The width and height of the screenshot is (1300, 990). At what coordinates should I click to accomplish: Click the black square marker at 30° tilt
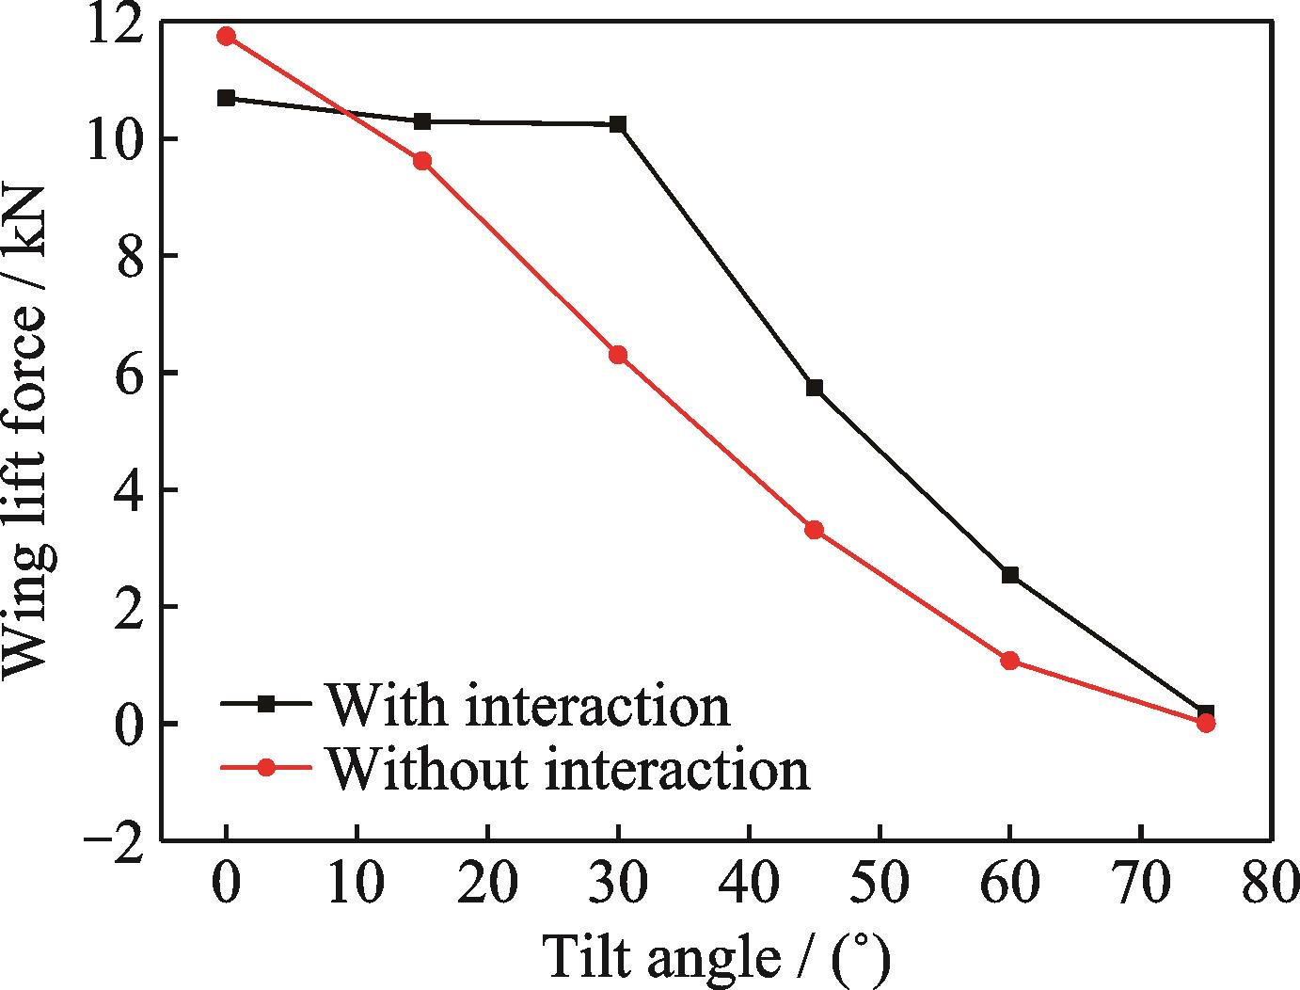pyautogui.click(x=618, y=124)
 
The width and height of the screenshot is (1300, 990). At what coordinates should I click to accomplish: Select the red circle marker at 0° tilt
pyautogui.click(x=226, y=37)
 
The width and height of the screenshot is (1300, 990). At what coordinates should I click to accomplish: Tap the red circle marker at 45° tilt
pyautogui.click(x=815, y=530)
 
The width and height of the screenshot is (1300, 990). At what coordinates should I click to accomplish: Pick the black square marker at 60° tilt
pyautogui.click(x=1010, y=575)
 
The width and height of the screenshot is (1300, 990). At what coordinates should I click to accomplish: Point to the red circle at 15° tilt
pyautogui.click(x=422, y=161)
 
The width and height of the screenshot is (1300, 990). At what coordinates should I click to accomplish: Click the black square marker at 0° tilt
pyautogui.click(x=226, y=98)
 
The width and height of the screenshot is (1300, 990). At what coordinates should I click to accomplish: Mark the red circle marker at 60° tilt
pyautogui.click(x=1010, y=661)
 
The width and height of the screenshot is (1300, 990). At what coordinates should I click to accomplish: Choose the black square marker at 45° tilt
pyautogui.click(x=815, y=388)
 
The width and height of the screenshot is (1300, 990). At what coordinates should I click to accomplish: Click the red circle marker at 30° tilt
pyautogui.click(x=618, y=355)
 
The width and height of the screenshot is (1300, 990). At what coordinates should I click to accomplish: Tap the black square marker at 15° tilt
pyautogui.click(x=422, y=121)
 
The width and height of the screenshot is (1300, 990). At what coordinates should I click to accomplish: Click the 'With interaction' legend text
pyautogui.click(x=527, y=704)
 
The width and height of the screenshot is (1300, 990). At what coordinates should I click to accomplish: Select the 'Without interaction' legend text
pyautogui.click(x=567, y=769)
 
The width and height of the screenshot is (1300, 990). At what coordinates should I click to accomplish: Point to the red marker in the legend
pyautogui.click(x=266, y=768)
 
